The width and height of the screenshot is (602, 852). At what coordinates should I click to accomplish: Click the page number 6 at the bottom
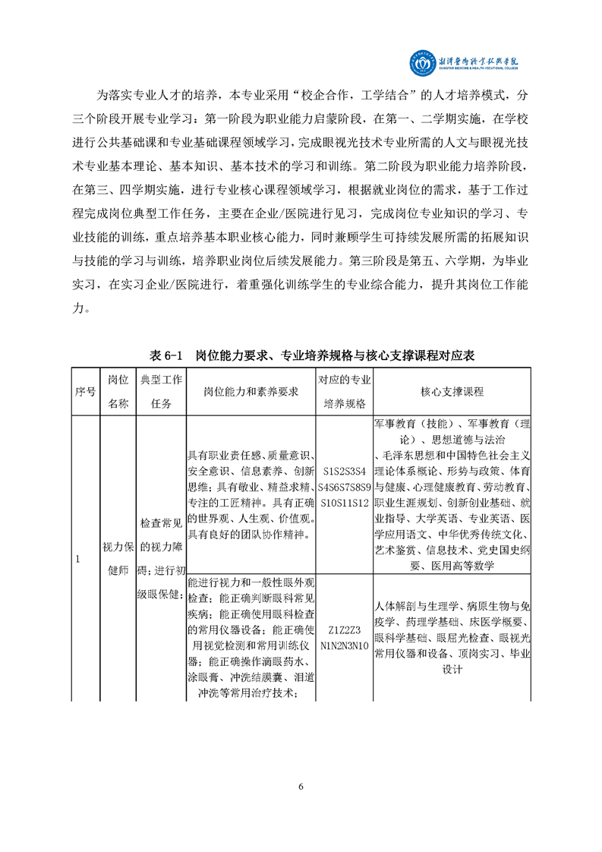click(x=301, y=786)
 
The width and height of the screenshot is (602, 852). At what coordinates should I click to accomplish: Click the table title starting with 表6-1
click(x=301, y=355)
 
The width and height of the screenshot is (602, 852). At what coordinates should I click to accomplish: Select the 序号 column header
click(x=85, y=391)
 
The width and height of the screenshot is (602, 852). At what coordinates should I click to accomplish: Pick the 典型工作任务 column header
click(x=161, y=391)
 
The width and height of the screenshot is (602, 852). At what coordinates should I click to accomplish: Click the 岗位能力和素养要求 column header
click(x=251, y=391)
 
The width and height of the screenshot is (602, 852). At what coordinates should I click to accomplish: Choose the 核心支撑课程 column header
click(x=452, y=391)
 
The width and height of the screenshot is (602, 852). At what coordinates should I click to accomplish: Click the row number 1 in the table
click(x=78, y=559)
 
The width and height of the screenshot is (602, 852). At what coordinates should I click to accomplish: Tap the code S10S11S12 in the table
click(x=345, y=503)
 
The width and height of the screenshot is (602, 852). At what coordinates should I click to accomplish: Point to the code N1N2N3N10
click(x=345, y=645)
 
